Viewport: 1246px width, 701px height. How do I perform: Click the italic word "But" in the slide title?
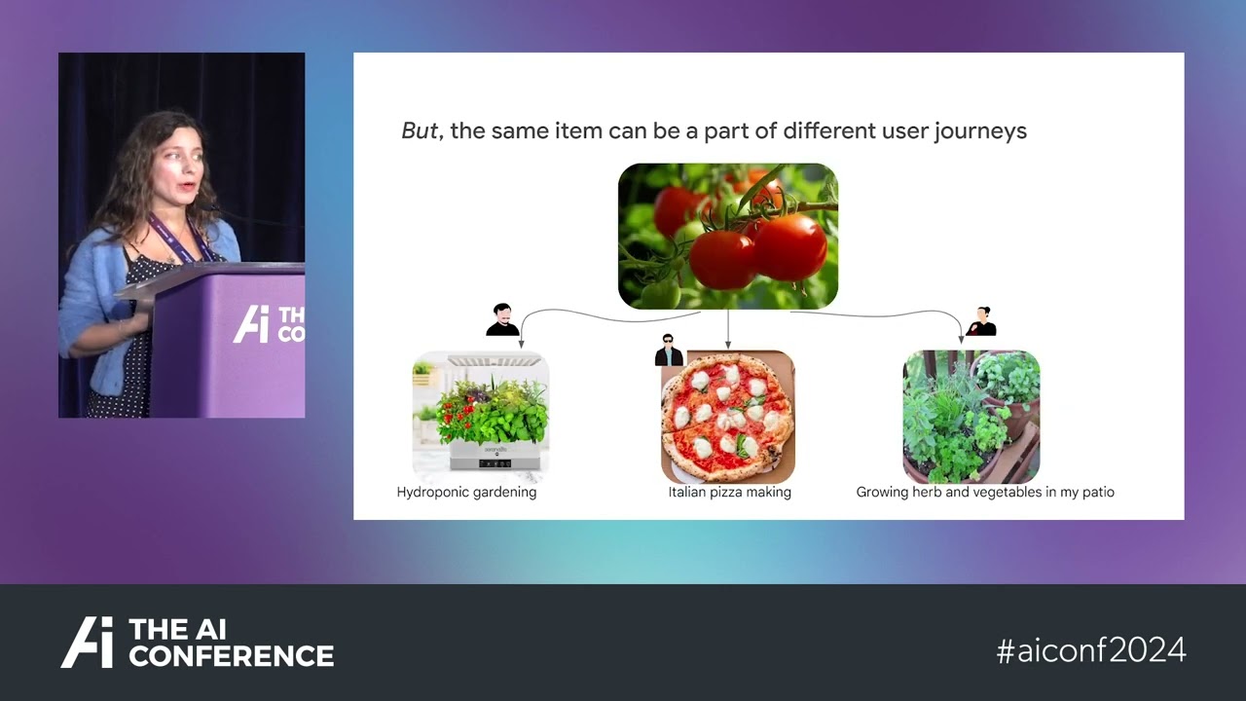(x=420, y=130)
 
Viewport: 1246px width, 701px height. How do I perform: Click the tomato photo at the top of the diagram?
(x=728, y=236)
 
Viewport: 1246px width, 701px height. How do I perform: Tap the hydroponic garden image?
(x=481, y=416)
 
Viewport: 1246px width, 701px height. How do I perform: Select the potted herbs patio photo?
(x=971, y=416)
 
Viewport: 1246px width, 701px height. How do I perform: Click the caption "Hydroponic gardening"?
(x=466, y=493)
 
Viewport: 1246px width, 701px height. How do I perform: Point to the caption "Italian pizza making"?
(x=730, y=493)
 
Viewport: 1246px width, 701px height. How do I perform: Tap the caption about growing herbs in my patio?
(x=985, y=493)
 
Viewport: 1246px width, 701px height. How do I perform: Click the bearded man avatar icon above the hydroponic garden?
(x=502, y=320)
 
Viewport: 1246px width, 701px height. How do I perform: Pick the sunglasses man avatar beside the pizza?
(x=669, y=350)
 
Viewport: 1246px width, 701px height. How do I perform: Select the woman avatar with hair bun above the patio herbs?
(x=981, y=321)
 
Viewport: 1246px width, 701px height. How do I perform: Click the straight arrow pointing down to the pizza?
(x=728, y=329)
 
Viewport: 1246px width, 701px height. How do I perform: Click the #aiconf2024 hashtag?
(x=1091, y=650)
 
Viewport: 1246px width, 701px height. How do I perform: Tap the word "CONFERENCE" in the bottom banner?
(x=232, y=655)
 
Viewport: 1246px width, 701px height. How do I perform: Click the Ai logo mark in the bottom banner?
(x=88, y=642)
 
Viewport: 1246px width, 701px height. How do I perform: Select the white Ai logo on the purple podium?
(x=251, y=324)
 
